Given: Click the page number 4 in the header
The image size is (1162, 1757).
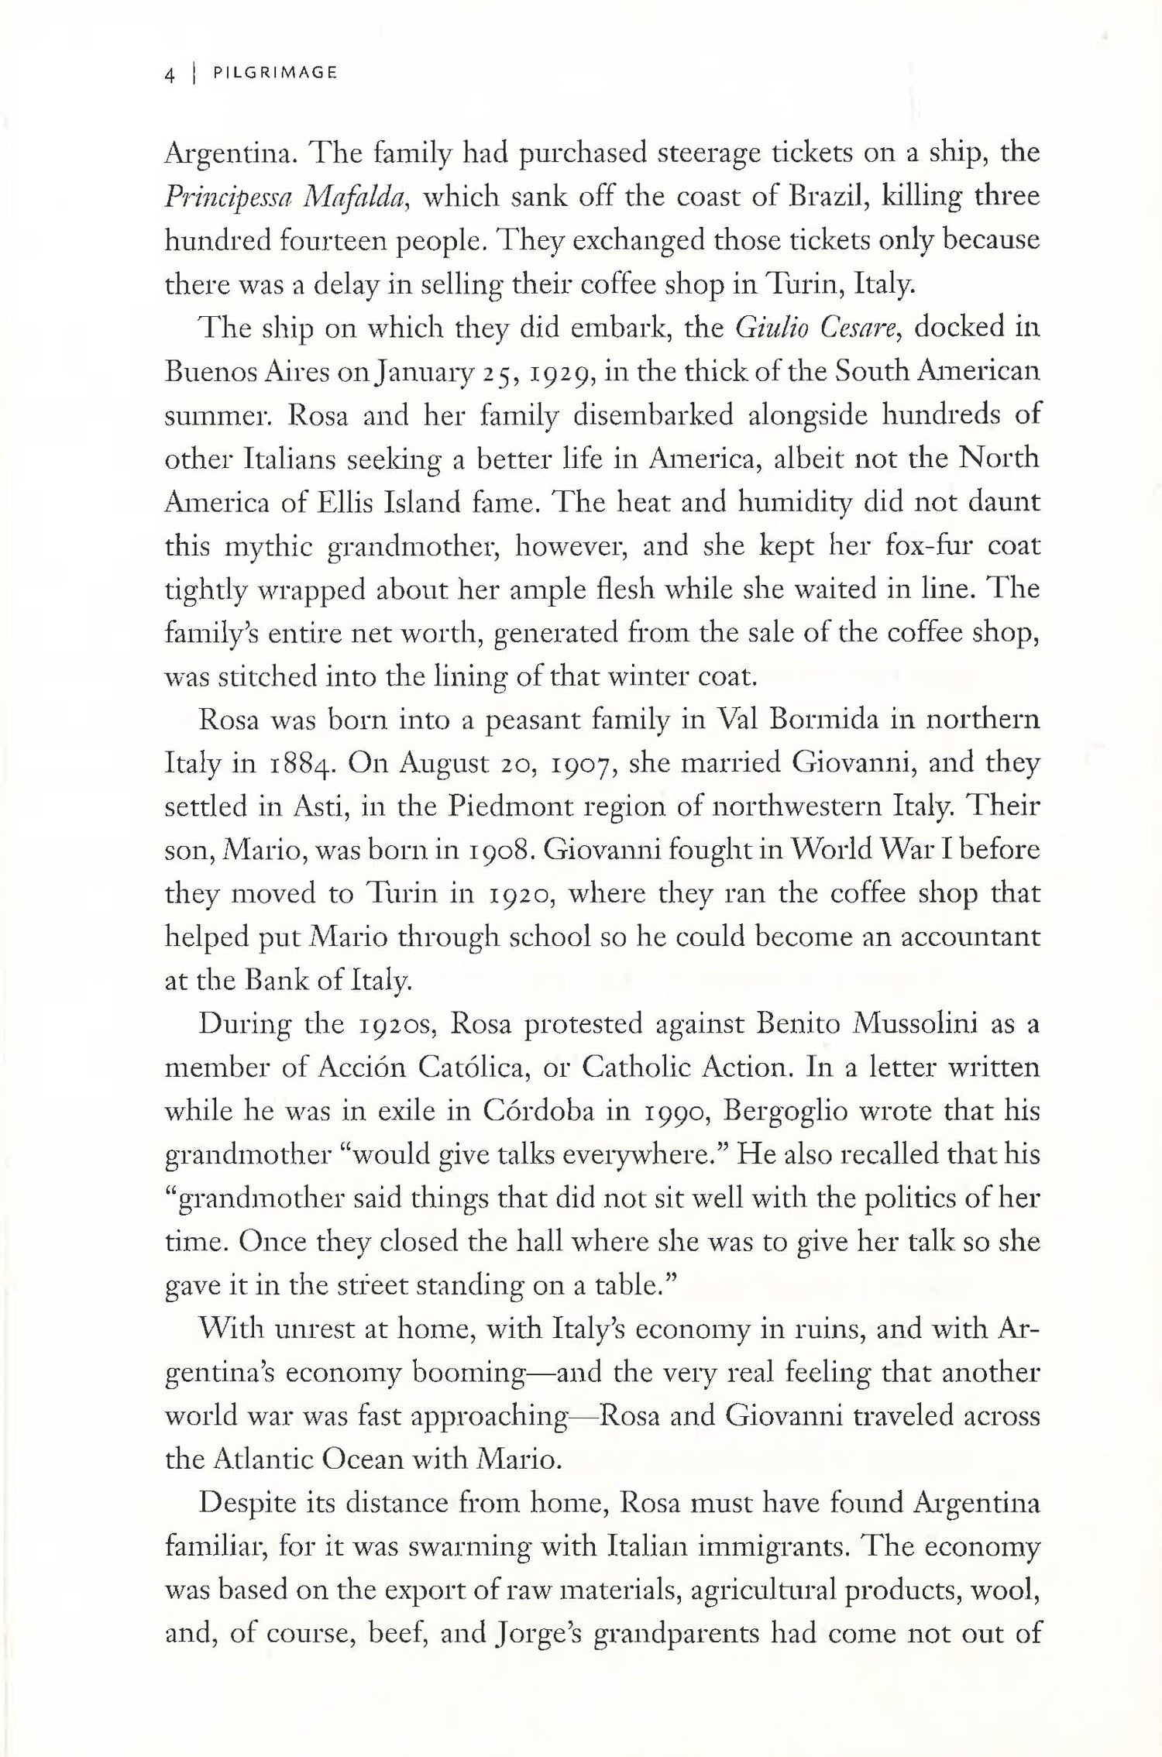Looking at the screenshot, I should [x=169, y=75].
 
